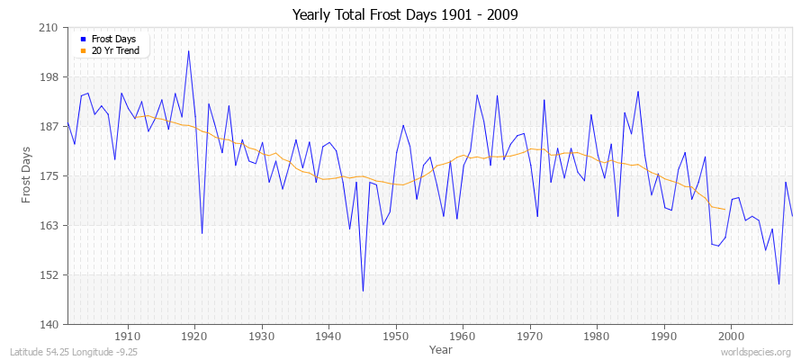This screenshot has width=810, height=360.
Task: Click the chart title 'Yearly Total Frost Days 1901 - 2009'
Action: point(405,15)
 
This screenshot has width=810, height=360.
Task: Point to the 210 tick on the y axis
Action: point(49,28)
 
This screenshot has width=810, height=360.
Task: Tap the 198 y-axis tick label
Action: point(49,77)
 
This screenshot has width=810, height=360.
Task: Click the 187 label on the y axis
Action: point(49,127)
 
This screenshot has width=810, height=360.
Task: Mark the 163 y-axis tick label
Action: point(49,225)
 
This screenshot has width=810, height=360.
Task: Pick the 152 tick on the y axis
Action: point(49,274)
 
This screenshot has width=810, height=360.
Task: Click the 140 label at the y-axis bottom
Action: point(49,324)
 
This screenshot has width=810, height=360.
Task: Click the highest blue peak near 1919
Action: point(188,50)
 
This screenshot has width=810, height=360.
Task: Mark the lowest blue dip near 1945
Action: point(363,291)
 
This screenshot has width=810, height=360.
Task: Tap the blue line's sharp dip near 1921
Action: point(202,233)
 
